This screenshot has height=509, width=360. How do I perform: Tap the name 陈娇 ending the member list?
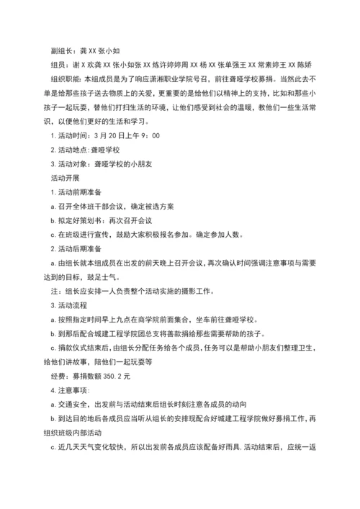(303, 63)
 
